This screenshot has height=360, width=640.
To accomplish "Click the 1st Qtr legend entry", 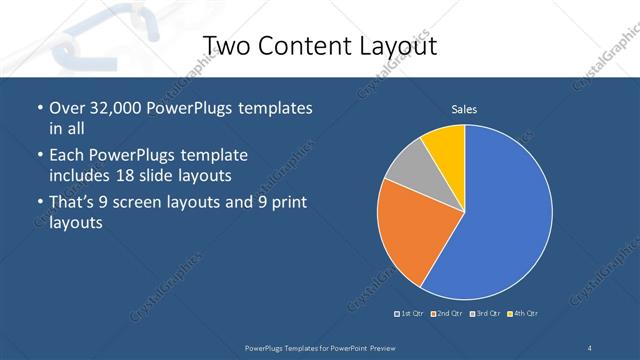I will click(410, 314).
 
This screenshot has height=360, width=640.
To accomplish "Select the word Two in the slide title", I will click(225, 46).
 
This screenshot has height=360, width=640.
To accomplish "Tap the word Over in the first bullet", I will click(67, 108).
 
